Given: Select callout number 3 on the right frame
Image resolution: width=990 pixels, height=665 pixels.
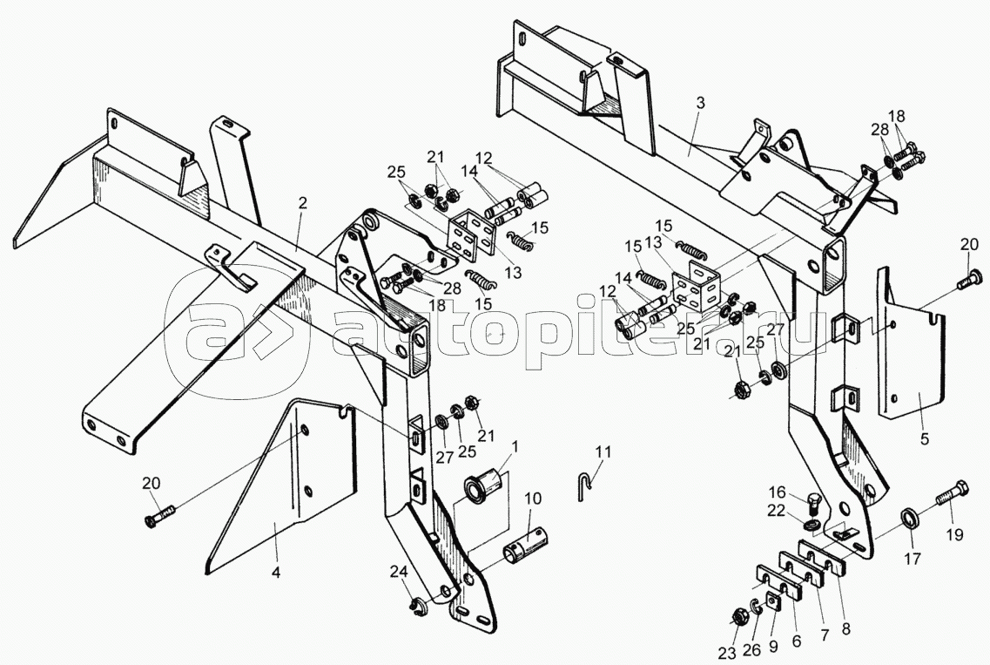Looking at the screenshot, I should (700, 103).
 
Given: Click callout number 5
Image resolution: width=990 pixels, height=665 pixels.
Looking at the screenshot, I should (925, 439).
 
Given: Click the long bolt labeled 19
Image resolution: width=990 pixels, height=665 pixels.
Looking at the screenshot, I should (951, 493).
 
